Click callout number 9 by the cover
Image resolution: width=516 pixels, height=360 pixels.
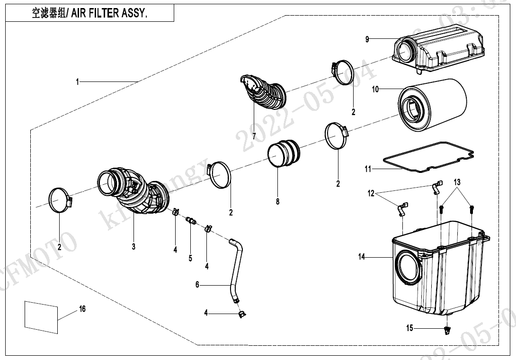pos(367,40)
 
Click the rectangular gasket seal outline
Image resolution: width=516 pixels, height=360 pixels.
pos(428,159)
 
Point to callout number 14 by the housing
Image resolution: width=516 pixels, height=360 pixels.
pos(362,257)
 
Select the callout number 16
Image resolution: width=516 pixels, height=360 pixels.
pos(82,309)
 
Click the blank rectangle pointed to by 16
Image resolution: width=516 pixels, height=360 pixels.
pos(41,315)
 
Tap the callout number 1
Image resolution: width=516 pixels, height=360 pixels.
pos(77,82)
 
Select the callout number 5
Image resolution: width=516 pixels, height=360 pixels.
pos(190,258)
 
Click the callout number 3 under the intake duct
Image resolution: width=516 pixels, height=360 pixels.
pos(133,247)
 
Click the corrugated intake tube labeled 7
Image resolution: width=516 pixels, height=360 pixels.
pos(263,93)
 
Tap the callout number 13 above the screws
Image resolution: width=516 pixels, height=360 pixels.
pos(457,182)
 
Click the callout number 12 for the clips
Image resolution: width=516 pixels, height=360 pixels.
pos(371,193)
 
